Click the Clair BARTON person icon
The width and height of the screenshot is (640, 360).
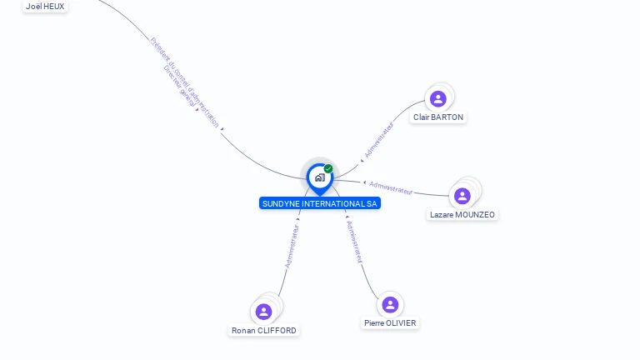[x=437, y=99]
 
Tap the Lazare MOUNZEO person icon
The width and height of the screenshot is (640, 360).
[x=462, y=196]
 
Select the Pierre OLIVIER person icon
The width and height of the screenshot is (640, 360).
[x=389, y=305]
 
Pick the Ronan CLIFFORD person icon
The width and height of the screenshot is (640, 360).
[x=264, y=312]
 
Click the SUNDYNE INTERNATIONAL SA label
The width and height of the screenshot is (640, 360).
[x=319, y=203]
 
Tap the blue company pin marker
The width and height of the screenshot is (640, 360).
[x=319, y=177]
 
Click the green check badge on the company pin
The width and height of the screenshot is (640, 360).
[x=328, y=168]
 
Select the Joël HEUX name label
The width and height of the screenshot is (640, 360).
[x=45, y=6]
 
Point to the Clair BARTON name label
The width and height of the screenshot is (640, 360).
[x=438, y=117]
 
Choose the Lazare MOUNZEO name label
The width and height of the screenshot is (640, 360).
[x=462, y=215]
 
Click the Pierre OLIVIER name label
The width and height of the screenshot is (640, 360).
[x=390, y=323]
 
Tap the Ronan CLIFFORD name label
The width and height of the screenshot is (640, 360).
[x=264, y=331]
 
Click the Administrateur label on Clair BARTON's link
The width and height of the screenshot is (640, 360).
[x=379, y=140]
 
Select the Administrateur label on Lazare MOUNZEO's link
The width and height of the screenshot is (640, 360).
[x=391, y=187]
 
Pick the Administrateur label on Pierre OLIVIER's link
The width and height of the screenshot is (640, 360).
[x=354, y=242]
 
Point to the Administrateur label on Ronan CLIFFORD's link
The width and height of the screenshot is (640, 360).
[x=292, y=245]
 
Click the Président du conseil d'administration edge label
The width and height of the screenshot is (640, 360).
[x=186, y=82]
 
